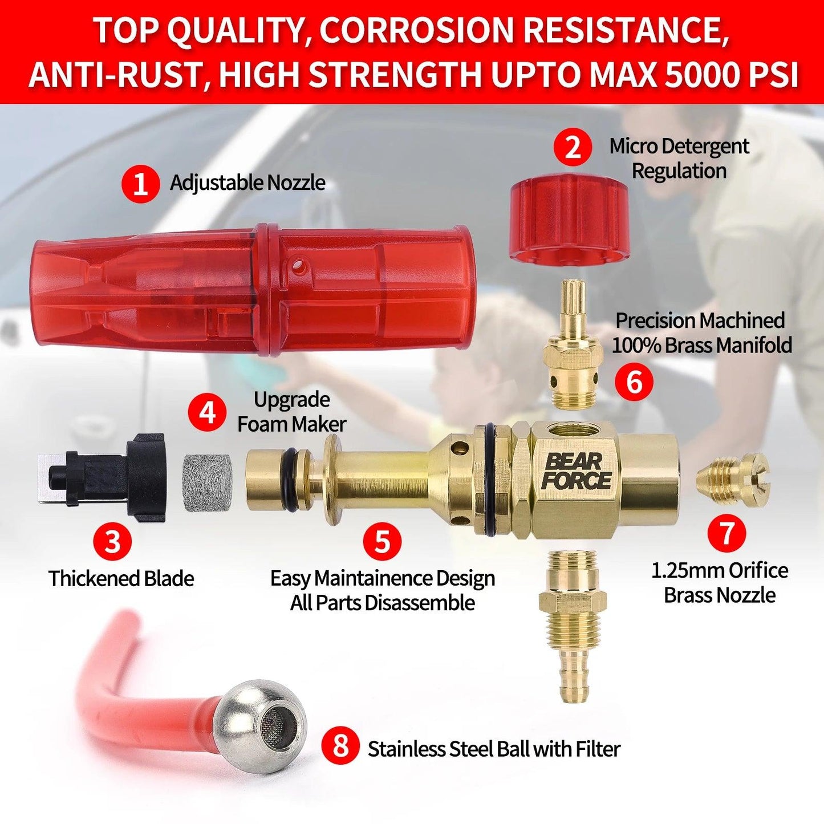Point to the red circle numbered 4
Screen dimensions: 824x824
click(208, 413)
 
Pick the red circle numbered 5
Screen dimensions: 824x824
click(383, 541)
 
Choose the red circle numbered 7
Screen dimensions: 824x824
click(726, 532)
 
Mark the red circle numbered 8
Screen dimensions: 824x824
click(341, 759)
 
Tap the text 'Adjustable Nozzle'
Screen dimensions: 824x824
click(247, 183)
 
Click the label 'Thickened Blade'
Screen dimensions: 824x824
click(121, 579)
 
